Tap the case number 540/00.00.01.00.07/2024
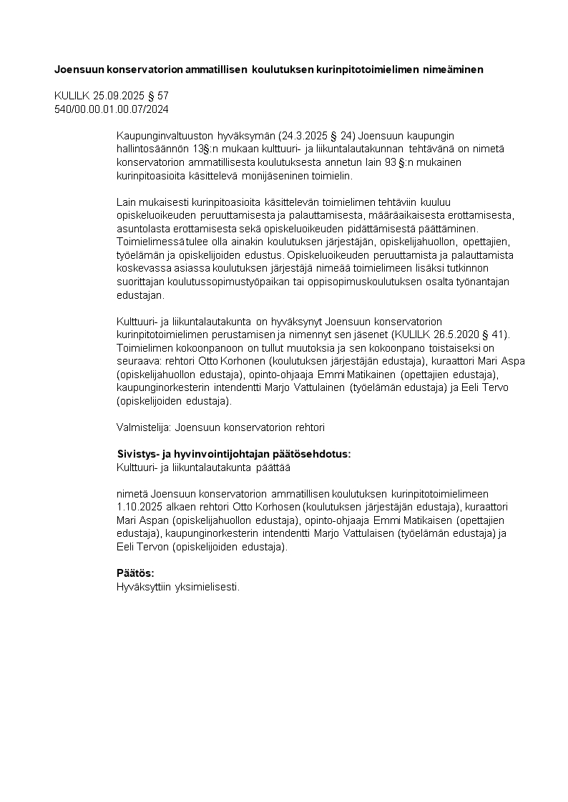tap(112, 109)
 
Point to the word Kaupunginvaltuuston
tap(162, 136)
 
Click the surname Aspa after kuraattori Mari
tap(512, 362)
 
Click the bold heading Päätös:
tap(135, 573)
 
